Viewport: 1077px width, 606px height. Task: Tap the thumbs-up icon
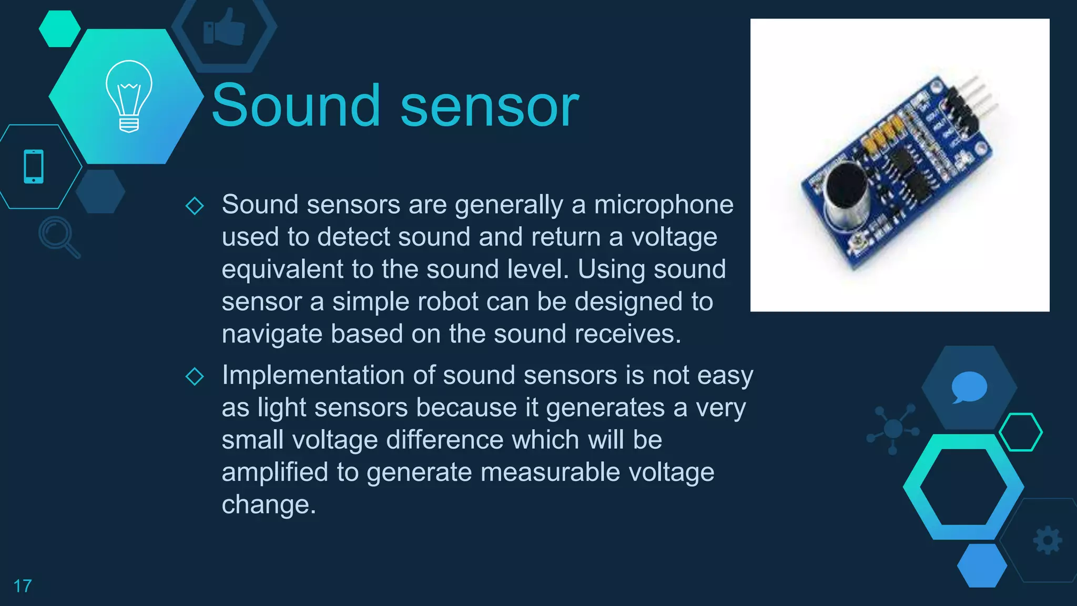coord(225,27)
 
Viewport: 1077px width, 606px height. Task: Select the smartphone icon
coord(34,167)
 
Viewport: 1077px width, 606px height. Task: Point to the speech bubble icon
coord(969,387)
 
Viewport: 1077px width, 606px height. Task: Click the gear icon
coord(1048,540)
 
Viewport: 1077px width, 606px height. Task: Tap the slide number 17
coord(22,586)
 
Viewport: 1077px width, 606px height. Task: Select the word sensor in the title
coord(490,106)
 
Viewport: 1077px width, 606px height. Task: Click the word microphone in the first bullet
coord(664,205)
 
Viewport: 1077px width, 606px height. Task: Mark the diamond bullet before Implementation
coord(195,376)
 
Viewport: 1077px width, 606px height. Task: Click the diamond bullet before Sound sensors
coord(195,206)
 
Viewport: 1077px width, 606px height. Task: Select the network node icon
coord(893,429)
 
